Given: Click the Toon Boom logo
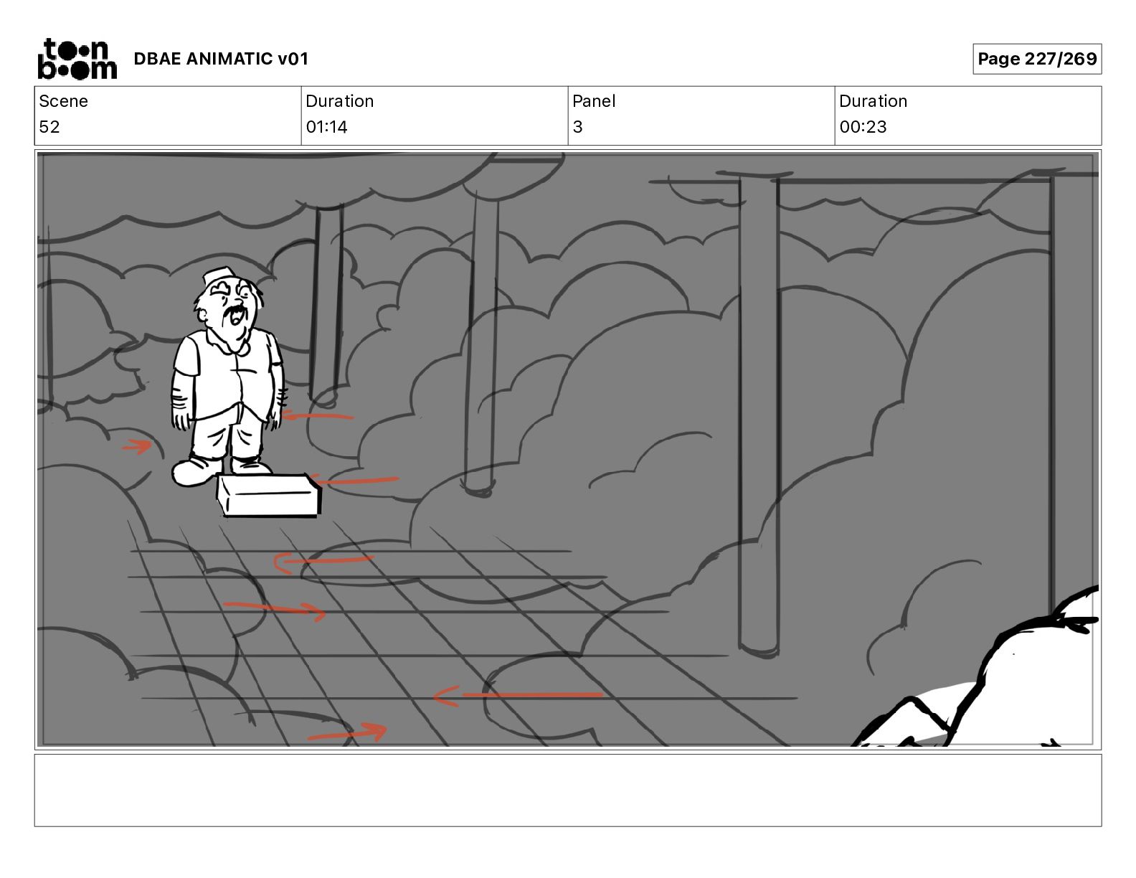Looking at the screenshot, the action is [77, 59].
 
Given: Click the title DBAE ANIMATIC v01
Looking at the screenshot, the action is [221, 59].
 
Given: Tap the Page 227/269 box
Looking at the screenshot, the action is [1037, 59].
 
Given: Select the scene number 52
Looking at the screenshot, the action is [49, 127].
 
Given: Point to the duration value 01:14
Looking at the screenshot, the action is [327, 127].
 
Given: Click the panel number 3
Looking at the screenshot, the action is [577, 127].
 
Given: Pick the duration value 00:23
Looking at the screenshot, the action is [863, 127].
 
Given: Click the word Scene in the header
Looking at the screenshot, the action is [63, 101].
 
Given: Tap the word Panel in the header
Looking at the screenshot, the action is [594, 101].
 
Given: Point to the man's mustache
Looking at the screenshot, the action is [235, 313].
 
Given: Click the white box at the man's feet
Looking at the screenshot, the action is [269, 495].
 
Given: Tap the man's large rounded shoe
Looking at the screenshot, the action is [196, 472].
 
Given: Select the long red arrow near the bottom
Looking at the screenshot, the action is [519, 696].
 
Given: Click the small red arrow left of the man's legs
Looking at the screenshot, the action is [137, 447].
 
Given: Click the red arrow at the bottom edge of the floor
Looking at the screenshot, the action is [348, 732].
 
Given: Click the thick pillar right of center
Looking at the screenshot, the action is [759, 416].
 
